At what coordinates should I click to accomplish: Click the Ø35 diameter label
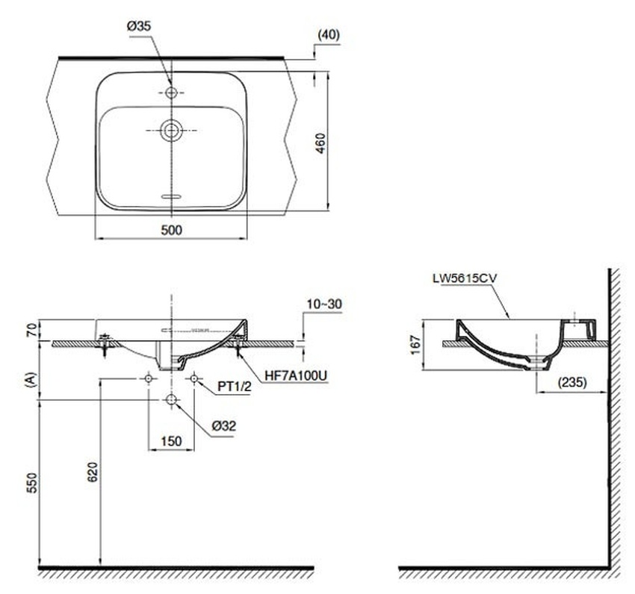139,26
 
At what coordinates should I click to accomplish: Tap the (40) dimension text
329,35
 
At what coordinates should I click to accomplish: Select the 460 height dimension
320,143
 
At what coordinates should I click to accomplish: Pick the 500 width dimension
171,231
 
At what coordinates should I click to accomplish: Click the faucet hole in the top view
171,93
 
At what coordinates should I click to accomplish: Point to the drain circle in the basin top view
171,131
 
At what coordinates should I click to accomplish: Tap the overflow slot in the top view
171,197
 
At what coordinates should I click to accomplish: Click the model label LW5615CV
465,278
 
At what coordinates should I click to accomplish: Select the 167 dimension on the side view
416,345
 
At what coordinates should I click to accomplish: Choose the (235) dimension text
572,381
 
